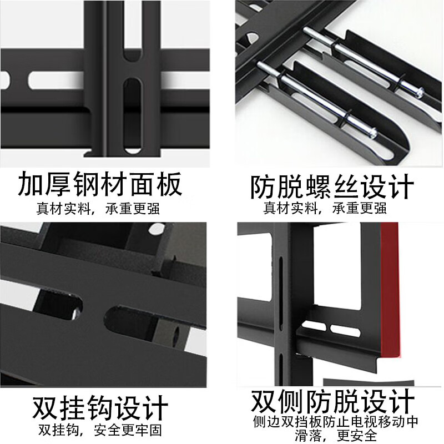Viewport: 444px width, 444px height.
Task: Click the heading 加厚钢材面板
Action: [100, 185]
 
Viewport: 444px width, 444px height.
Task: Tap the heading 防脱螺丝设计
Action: [332, 187]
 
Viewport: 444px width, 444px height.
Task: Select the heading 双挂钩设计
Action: [100, 408]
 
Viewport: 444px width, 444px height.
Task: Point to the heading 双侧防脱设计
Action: [332, 401]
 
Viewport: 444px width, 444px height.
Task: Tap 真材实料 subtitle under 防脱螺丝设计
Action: [325, 209]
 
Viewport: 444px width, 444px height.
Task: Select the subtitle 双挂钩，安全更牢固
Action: [100, 430]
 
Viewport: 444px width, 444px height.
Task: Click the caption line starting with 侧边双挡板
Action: [335, 421]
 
